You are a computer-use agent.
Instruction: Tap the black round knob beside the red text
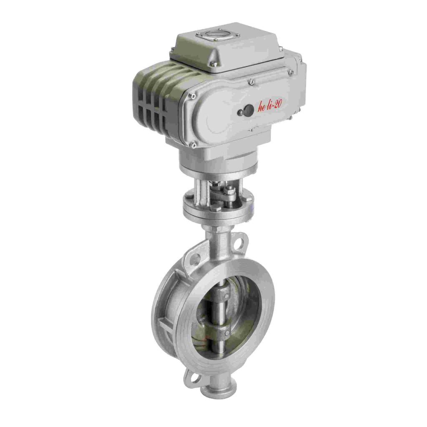[x=247, y=110]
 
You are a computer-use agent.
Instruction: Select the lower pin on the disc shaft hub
[x=226, y=333]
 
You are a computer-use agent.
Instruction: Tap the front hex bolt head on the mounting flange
[x=215, y=207]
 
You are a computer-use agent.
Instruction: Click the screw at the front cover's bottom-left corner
[x=193, y=144]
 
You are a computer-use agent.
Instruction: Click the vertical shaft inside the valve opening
[x=218, y=317]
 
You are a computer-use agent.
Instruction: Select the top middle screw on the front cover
[x=251, y=83]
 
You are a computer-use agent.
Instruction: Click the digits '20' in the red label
[x=277, y=106]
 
